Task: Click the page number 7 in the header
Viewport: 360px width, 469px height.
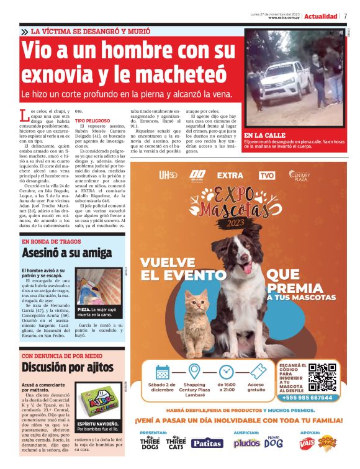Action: point(346,16)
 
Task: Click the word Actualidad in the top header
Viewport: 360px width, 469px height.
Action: point(321,16)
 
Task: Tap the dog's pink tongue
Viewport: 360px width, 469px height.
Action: point(248,268)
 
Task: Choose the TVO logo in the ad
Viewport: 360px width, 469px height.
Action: point(267,176)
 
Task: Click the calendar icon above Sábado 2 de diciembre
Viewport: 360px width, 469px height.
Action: point(163,372)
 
